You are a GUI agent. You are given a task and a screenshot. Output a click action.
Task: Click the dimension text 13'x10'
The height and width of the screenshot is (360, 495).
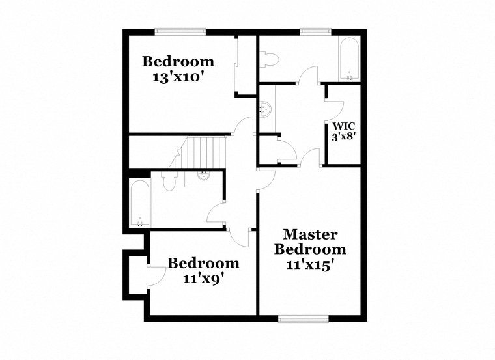click(x=177, y=77)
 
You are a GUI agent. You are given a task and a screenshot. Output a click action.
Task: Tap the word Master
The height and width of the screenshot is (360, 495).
click(x=310, y=234)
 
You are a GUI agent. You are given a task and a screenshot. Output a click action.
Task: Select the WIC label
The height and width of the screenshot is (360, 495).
click(x=344, y=126)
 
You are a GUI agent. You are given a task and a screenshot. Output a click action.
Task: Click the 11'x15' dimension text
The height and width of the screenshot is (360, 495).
click(x=310, y=264)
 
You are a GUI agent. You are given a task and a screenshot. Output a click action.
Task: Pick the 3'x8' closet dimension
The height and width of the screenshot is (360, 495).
click(x=344, y=137)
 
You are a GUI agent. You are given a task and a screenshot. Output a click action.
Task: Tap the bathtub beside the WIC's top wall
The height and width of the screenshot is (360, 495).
click(x=349, y=59)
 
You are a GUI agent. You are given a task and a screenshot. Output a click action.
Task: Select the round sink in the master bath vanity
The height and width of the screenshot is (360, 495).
click(x=265, y=109)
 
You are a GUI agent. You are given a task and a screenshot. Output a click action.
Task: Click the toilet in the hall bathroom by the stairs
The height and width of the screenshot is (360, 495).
click(x=169, y=181)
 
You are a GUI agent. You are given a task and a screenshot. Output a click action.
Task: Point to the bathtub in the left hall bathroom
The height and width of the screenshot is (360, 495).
click(x=139, y=203)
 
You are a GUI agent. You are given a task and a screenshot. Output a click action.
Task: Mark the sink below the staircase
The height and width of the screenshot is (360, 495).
click(x=204, y=175)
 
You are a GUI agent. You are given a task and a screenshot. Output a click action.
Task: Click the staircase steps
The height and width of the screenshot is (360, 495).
click(x=206, y=152)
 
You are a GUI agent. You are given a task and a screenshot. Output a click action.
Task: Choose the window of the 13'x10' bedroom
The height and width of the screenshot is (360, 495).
click(x=180, y=31)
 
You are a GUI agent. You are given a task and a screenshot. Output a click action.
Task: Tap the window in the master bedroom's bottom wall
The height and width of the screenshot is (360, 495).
click(x=304, y=319)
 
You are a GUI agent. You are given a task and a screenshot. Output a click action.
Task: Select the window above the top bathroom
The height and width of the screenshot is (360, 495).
click(x=315, y=31)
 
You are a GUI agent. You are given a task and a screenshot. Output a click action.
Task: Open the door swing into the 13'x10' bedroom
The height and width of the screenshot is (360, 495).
click(x=244, y=126)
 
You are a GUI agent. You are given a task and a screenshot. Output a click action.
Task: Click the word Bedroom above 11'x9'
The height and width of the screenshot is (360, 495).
click(x=203, y=263)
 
